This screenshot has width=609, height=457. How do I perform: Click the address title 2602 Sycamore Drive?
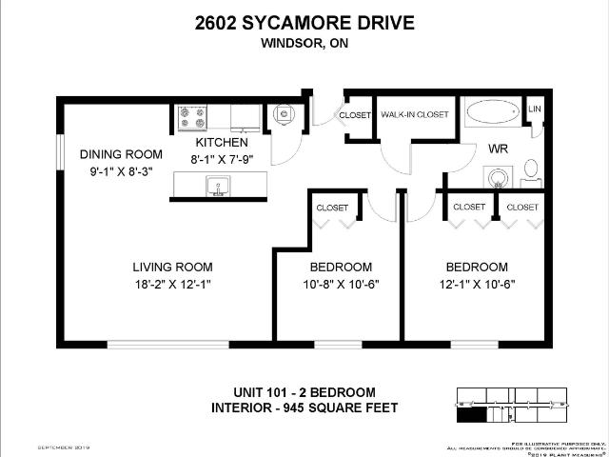pos(304,22)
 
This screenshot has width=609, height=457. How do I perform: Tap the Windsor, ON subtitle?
pos(304,41)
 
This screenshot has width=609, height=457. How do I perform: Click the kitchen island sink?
pos(219,187)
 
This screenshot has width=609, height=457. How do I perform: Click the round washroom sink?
pos(496,177)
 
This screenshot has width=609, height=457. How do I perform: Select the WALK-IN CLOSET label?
pos(414,115)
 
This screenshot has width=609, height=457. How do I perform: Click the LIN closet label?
pos(535,110)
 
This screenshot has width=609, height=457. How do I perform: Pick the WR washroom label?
pos(497,149)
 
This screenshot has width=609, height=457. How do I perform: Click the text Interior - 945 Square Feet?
pos(304,409)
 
